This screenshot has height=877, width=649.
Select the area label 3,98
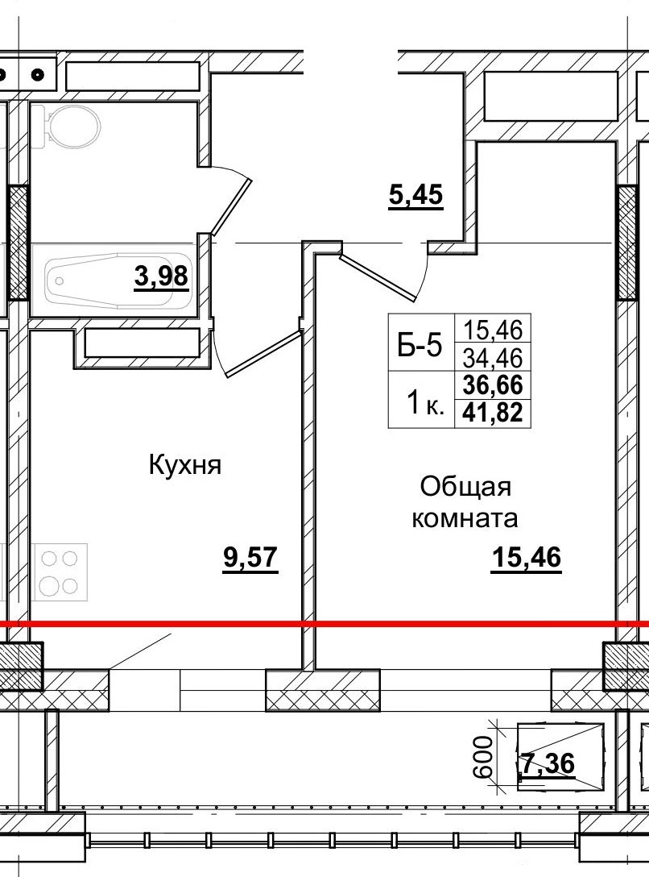click(162, 276)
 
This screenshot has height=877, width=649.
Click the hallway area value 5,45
click(415, 196)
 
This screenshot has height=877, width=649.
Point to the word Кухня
click(184, 465)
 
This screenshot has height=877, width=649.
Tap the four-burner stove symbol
click(60, 572)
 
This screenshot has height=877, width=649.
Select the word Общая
click(466, 487)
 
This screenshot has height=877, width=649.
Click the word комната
click(465, 518)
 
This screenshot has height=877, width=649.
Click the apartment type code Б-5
click(420, 347)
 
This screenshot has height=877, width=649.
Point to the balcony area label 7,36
click(548, 762)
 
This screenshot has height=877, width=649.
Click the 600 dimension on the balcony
click(484, 756)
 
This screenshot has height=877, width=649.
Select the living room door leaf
click(378, 278)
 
